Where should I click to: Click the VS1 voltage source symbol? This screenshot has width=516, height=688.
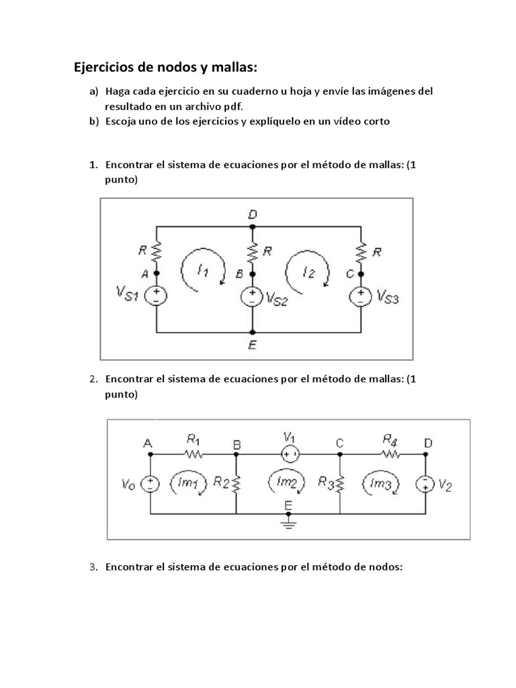157,294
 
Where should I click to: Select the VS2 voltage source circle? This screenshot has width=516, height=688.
253,296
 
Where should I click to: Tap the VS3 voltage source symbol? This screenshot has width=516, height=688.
361,295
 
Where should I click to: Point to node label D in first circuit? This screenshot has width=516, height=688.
253,214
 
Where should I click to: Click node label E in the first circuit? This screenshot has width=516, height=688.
253,346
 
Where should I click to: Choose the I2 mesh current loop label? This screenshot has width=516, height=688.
308,272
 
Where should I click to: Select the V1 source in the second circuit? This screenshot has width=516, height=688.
290,455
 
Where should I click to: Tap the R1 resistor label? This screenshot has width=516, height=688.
193,440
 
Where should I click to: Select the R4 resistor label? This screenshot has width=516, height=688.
390,440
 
